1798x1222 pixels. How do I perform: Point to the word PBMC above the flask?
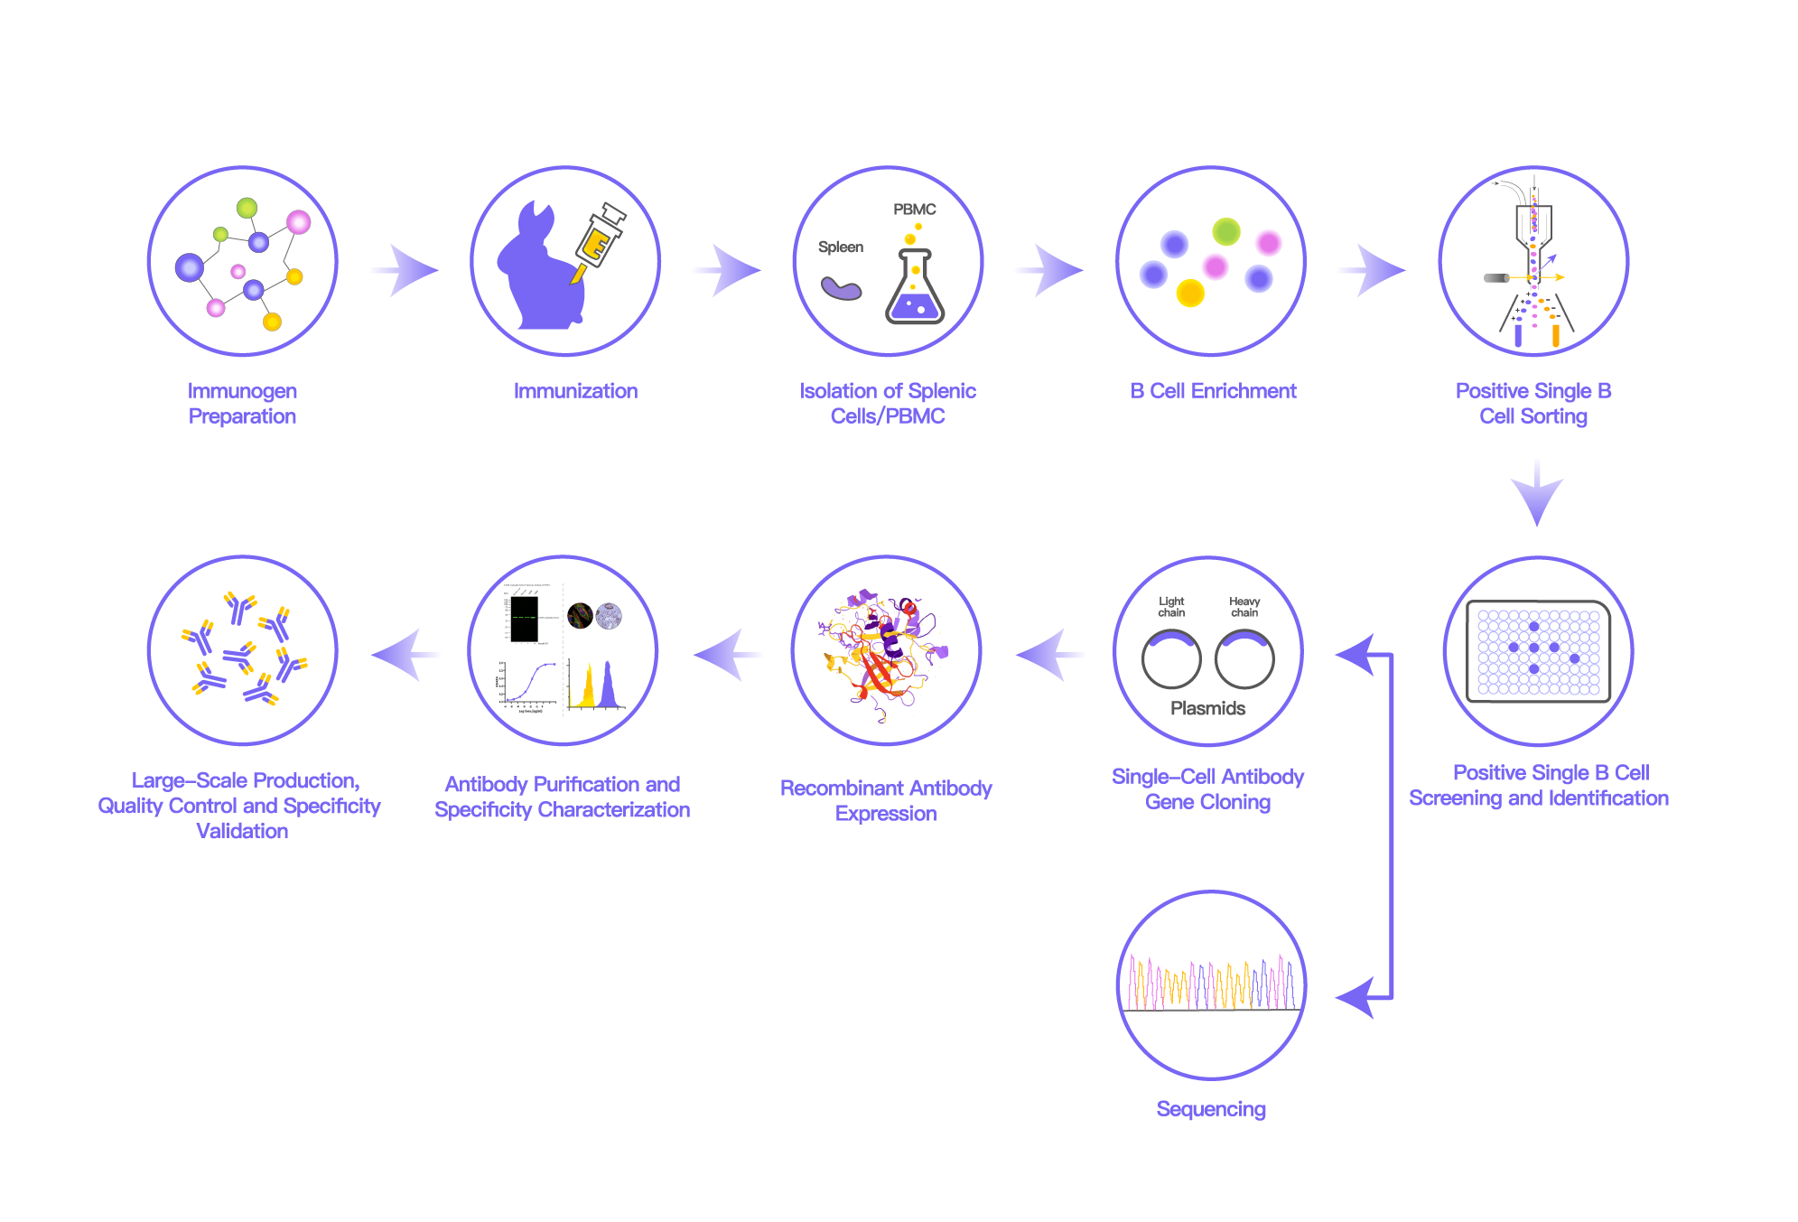pos(914,210)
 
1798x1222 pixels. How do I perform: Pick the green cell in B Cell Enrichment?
pos(1225,232)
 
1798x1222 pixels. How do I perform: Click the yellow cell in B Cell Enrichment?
pos(1190,293)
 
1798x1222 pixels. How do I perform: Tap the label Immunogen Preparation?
pos(242,403)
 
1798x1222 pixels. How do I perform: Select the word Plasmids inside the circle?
pos(1207,708)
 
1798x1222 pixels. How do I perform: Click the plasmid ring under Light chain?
pos(1171,659)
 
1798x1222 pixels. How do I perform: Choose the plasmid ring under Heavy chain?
pos(1244,659)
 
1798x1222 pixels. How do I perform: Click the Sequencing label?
pos(1211,1108)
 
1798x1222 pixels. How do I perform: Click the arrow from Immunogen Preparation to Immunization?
pos(408,270)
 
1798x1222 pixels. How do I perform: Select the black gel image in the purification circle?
pos(524,619)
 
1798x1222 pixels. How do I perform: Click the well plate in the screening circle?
pos(1538,651)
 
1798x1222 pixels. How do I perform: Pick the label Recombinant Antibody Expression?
pos(886,800)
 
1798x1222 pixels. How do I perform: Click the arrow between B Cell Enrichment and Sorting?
pos(1375,270)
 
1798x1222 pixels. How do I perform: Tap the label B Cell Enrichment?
pos(1213,391)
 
